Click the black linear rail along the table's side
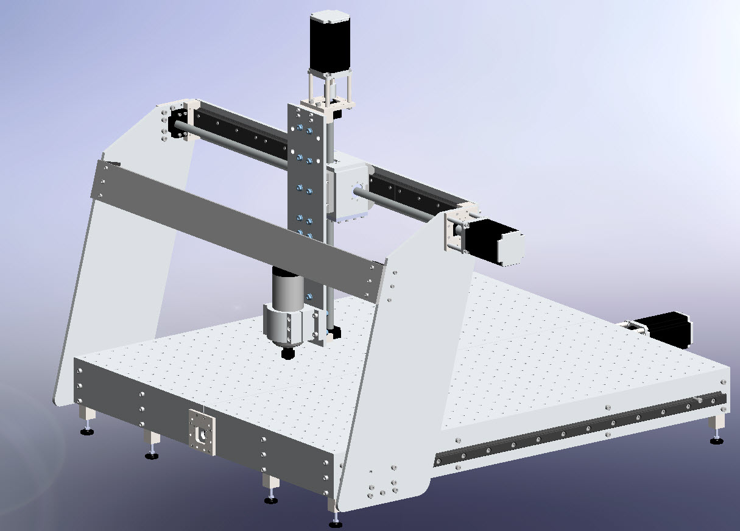pyautogui.click(x=579, y=429)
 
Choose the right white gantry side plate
pyautogui.click(x=408, y=365)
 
